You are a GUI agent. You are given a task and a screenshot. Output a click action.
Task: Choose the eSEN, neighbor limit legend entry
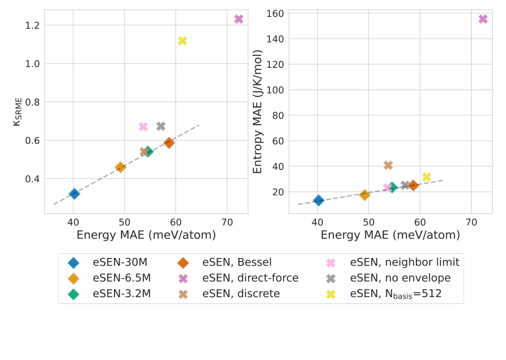coord(405,262)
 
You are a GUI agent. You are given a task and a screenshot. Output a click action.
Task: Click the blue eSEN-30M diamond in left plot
coord(74,194)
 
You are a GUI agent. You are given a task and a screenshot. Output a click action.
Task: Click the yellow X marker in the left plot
coord(182,41)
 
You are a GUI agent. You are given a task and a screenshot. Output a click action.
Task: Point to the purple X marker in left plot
coord(238,20)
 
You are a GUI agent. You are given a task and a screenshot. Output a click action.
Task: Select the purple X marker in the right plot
coord(483,19)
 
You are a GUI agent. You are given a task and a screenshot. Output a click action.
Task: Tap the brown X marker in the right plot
coord(388,166)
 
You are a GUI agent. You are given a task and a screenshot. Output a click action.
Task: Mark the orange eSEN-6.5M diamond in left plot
coord(120,167)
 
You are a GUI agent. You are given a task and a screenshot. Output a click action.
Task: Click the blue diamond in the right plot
coord(319,201)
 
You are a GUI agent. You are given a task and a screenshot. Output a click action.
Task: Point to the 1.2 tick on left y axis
coord(31,25)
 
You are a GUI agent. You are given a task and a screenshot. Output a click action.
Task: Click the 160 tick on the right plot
coord(275,14)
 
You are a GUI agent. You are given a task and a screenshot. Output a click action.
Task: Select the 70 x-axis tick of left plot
coord(227,222)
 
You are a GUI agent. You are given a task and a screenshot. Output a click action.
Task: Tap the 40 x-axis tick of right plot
coord(317,222)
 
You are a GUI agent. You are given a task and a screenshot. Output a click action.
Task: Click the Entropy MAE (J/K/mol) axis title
coord(258,111)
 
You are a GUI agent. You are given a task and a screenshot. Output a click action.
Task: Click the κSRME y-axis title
coord(17,111)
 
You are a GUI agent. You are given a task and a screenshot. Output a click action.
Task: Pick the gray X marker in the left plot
coord(161,127)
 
